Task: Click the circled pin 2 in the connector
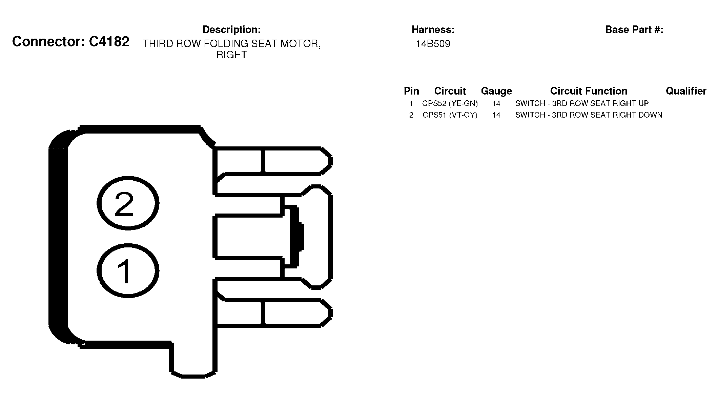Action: pyautogui.click(x=128, y=203)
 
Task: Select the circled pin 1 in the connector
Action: pyautogui.click(x=128, y=271)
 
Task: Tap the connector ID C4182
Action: pyautogui.click(x=109, y=42)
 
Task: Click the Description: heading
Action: pyautogui.click(x=231, y=30)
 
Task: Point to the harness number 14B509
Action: pyautogui.click(x=433, y=44)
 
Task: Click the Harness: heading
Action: pyautogui.click(x=433, y=30)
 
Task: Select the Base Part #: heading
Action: pyautogui.click(x=634, y=30)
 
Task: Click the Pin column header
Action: pyautogui.click(x=411, y=91)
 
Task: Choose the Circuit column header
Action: pyautogui.click(x=450, y=91)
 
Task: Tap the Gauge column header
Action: pyautogui.click(x=496, y=91)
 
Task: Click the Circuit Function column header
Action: pyautogui.click(x=589, y=91)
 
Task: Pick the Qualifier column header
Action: pyautogui.click(x=686, y=91)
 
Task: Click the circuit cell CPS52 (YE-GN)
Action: pyautogui.click(x=450, y=103)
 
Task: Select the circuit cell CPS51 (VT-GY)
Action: pyautogui.click(x=450, y=115)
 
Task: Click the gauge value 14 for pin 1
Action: pyautogui.click(x=496, y=103)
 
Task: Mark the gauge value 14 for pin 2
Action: pyautogui.click(x=496, y=115)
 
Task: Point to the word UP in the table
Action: pyautogui.click(x=643, y=103)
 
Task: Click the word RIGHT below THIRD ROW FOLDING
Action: pyautogui.click(x=231, y=55)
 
